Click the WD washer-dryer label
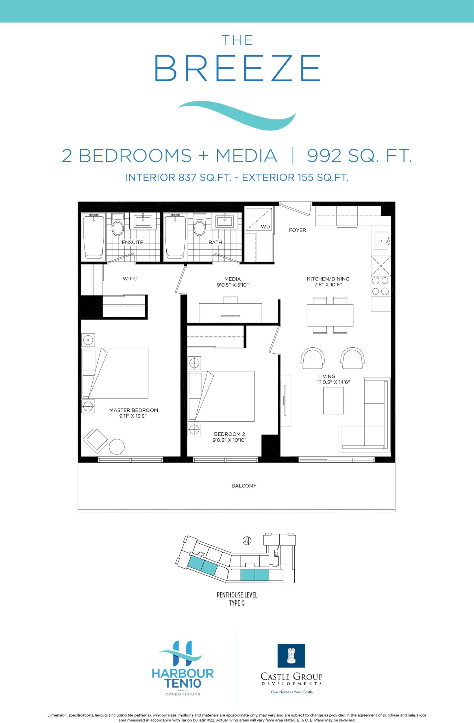pos(265,227)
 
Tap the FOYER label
pos(297,230)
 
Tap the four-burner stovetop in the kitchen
pos(380,286)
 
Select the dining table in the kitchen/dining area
pos(330,315)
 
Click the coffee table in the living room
pos(333,400)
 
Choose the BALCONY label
pos(244,486)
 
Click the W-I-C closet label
pos(130,278)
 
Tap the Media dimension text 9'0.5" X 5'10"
pos(233,285)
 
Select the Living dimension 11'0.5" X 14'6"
pos(334,382)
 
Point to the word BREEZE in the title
pos(237,68)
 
